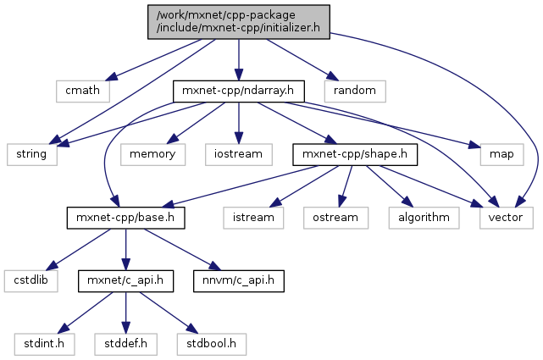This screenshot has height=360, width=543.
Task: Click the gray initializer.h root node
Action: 238,21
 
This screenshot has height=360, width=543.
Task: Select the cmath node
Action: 77,89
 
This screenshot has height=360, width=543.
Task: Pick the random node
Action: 355,89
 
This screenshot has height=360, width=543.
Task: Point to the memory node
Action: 152,153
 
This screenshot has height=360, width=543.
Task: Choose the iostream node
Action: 238,153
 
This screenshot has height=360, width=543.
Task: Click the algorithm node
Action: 424,218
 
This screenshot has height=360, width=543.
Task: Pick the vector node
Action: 507,218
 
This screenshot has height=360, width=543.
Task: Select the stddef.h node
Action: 126,343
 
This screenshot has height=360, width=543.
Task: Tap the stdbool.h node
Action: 212,343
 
